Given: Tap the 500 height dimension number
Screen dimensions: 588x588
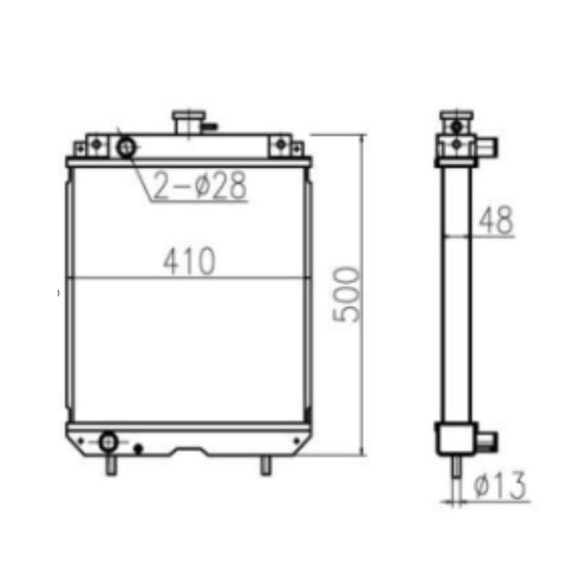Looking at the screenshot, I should (x=346, y=294).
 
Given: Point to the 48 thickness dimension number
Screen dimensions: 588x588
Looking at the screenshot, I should (x=495, y=221).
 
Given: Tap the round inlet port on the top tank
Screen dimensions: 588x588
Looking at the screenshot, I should (x=126, y=148).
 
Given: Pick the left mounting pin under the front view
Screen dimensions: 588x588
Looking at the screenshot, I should (x=110, y=465).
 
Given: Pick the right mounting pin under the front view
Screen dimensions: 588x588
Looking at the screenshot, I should (x=266, y=465).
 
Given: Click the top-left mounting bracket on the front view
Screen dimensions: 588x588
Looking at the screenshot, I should (x=95, y=145).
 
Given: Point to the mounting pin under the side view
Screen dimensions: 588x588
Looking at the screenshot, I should (x=456, y=467).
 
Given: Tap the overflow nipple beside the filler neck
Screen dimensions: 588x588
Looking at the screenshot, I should (x=210, y=126).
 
